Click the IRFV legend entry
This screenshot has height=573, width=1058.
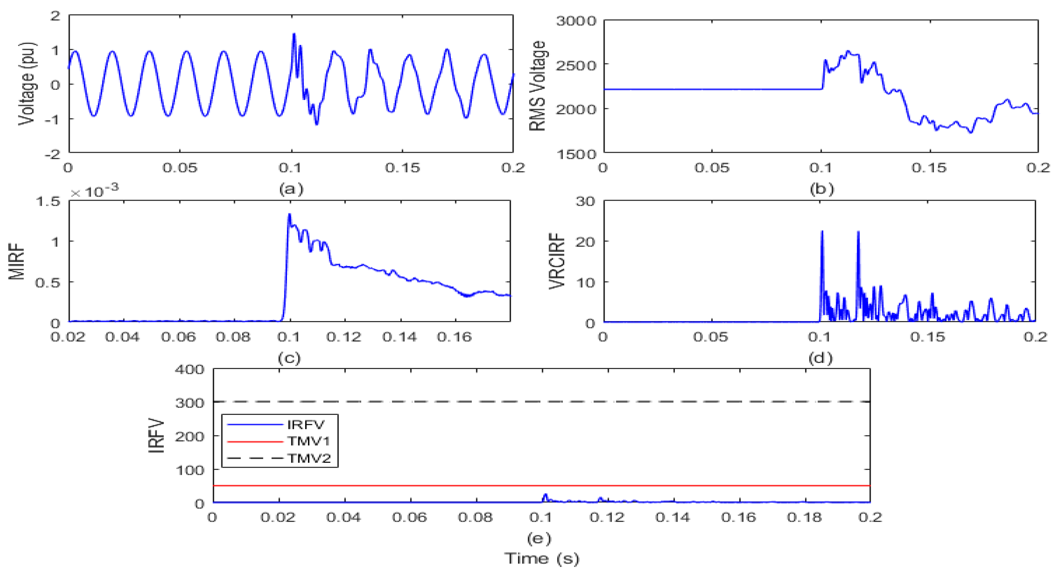(306, 425)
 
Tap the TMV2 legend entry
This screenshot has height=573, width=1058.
(309, 458)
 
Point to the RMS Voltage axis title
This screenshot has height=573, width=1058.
(537, 86)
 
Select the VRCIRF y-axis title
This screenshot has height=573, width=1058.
(557, 261)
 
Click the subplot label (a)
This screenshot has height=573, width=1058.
(291, 189)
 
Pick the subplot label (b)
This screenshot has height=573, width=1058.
(822, 189)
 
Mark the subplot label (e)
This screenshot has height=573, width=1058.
(539, 538)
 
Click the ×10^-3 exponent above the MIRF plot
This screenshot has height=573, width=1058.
(94, 191)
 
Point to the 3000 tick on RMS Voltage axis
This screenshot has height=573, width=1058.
(576, 21)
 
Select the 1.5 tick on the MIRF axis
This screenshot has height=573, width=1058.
(48, 201)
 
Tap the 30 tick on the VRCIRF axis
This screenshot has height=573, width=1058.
(585, 201)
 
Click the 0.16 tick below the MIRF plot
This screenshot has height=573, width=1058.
(454, 337)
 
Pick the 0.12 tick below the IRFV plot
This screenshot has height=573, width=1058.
(607, 517)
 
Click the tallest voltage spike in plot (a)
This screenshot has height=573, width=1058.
(294, 34)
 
